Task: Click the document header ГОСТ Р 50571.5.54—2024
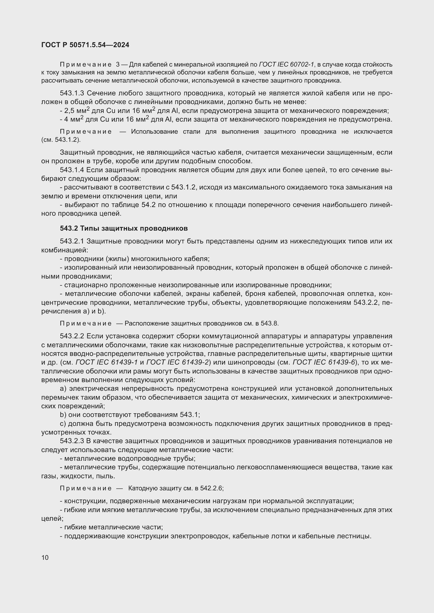(85, 45)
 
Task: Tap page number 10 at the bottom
(45, 557)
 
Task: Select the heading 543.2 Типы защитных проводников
(124, 228)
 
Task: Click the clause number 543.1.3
(72, 93)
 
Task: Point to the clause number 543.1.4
(72, 170)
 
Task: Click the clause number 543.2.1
(72, 241)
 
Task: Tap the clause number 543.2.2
(72, 336)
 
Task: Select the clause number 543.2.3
(72, 441)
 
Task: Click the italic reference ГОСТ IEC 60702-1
(287, 64)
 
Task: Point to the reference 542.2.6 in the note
(212, 488)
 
